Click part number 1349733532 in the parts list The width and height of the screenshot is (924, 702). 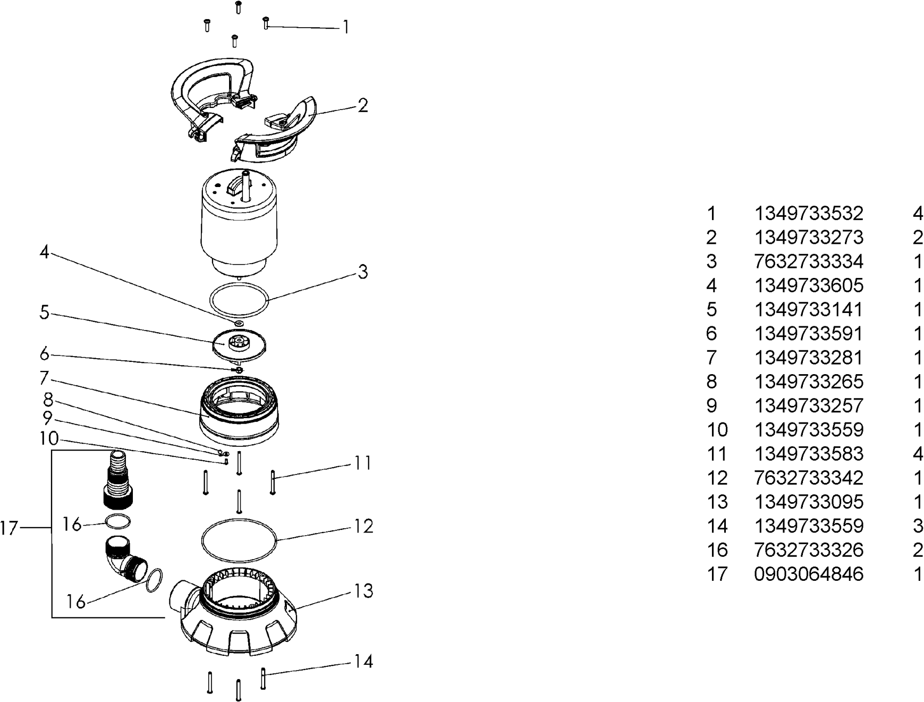(809, 214)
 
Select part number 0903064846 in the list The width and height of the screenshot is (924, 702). (809, 574)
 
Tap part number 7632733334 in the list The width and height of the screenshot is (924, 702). (809, 261)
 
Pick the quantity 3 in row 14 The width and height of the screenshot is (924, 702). (918, 526)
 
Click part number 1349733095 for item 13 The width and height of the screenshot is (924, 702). (809, 502)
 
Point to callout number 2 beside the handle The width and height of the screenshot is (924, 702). (362, 105)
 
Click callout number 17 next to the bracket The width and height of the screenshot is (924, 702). (10, 528)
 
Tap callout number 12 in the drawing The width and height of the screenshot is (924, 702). (364, 526)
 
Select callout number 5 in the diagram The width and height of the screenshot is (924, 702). (44, 312)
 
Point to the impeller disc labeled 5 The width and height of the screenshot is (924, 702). (239, 345)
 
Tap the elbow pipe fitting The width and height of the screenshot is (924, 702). (124, 561)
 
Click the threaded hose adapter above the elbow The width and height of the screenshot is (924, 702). (117, 478)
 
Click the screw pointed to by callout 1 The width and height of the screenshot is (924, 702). (266, 22)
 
